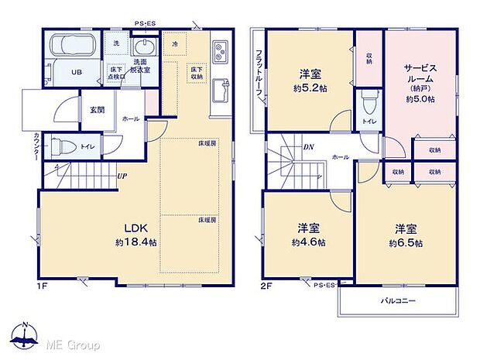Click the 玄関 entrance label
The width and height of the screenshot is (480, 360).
tap(96, 109)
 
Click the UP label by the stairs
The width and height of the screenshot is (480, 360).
tap(122, 177)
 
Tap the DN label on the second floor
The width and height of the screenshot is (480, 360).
tap(308, 146)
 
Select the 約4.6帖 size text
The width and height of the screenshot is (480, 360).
tap(308, 242)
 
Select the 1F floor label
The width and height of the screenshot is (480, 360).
tap(41, 286)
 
